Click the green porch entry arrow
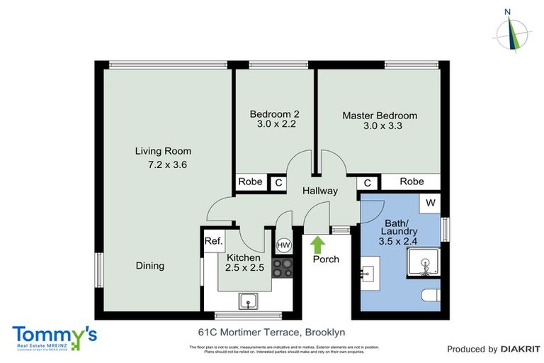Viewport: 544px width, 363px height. (x=317, y=245)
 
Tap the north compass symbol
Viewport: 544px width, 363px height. (x=510, y=32)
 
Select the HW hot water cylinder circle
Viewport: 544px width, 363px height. (x=283, y=245)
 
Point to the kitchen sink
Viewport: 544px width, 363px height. (x=247, y=301)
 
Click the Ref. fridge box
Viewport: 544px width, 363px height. (x=213, y=241)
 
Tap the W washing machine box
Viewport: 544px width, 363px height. (x=430, y=202)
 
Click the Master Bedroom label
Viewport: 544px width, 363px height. (x=380, y=116)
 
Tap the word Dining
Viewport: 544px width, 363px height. (x=149, y=266)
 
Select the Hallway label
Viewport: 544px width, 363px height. (x=319, y=191)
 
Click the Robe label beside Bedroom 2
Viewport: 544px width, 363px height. (x=250, y=182)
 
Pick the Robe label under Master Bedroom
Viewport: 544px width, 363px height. (x=412, y=181)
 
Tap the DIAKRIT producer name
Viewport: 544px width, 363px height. (x=521, y=349)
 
